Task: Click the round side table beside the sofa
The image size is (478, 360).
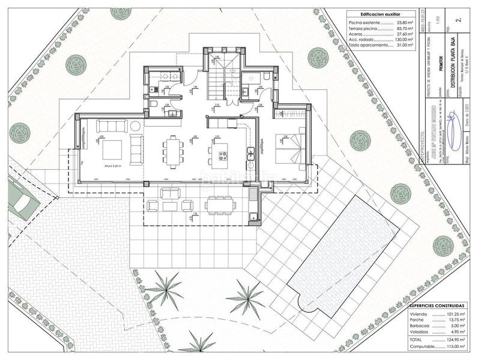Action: click(x=136, y=125)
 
